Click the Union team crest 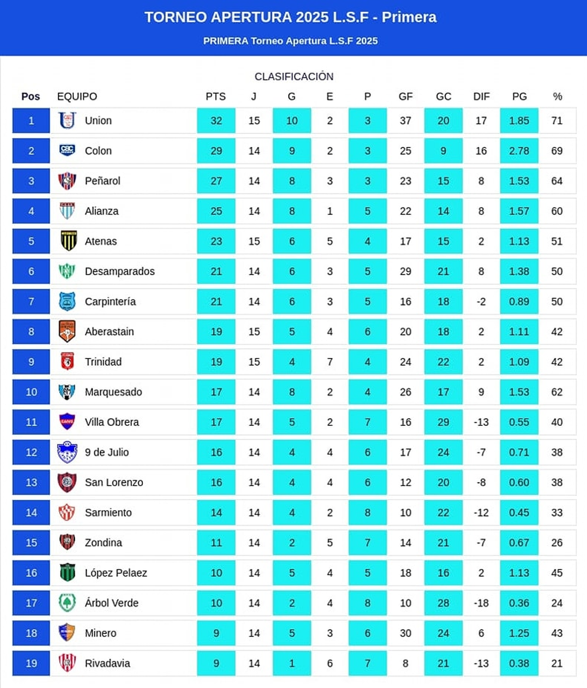(67, 120)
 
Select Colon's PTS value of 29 (216, 151)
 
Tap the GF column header (406, 97)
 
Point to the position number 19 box (31, 664)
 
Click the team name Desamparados (119, 271)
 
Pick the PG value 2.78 (519, 151)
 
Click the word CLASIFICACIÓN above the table (294, 77)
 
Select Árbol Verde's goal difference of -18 (481, 603)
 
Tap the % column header (557, 97)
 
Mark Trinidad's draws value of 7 (330, 362)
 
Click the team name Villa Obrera (112, 422)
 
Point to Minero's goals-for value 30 (406, 633)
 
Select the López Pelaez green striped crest (67, 573)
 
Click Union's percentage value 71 (557, 121)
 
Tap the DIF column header (481, 97)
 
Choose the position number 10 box (31, 392)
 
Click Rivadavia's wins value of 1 (292, 664)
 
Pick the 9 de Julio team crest (67, 452)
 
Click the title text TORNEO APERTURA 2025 (236, 18)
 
